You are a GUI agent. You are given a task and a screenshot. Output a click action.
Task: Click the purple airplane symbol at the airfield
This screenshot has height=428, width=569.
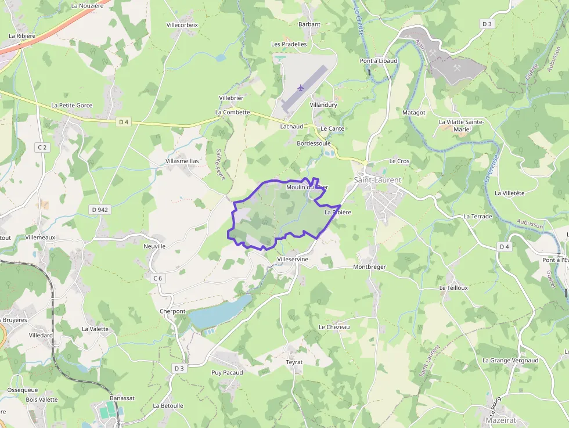click(300, 88)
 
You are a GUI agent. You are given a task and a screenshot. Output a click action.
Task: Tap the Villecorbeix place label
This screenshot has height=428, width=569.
click(182, 25)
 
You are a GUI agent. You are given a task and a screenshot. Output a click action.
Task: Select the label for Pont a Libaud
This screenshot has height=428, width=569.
click(379, 61)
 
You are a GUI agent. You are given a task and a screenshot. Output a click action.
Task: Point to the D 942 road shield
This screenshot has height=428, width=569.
click(100, 209)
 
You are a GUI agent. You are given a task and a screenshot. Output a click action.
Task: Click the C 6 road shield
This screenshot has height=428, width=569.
click(157, 278)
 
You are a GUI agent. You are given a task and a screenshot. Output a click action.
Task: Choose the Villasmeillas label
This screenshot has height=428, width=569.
click(182, 161)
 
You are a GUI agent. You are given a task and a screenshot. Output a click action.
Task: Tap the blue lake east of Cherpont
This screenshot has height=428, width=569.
click(220, 312)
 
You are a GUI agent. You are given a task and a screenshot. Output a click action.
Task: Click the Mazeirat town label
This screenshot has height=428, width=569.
click(501, 420)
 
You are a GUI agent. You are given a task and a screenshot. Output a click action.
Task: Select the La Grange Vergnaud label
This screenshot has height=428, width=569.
click(510, 360)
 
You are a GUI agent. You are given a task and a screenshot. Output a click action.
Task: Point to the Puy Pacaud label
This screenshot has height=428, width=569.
click(227, 372)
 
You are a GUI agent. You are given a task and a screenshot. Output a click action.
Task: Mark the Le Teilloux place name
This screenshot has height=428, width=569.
click(453, 287)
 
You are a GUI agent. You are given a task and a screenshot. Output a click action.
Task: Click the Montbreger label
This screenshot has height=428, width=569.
click(369, 267)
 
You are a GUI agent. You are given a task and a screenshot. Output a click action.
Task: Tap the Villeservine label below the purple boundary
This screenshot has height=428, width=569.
click(293, 259)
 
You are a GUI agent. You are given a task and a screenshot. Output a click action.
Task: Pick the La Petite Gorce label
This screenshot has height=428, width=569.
click(71, 106)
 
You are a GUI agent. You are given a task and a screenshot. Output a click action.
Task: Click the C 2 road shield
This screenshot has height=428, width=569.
click(42, 148)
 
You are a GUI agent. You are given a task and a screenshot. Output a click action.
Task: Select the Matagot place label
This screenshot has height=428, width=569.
click(414, 112)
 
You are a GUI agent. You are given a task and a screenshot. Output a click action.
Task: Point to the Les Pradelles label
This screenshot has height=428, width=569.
click(289, 44)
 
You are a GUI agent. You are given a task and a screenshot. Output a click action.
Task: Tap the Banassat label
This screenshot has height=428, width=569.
click(123, 398)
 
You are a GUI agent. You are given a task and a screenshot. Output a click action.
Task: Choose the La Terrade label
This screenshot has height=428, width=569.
click(477, 217)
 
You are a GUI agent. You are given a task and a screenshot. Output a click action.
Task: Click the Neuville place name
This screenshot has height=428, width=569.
click(154, 246)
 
